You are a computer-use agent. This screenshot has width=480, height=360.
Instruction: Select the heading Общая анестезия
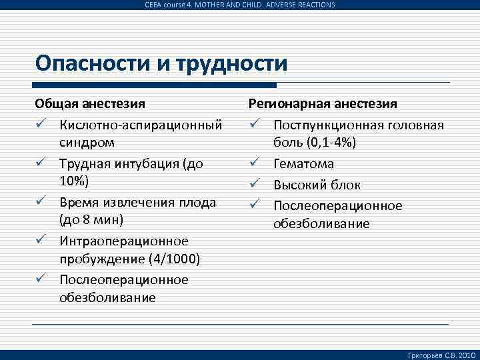91,104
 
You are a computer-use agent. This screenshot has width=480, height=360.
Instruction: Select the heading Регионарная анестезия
323,104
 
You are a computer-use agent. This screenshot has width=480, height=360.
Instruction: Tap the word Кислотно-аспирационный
141,125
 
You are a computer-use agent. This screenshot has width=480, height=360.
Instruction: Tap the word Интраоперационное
124,241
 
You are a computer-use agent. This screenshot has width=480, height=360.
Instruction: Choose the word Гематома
304,164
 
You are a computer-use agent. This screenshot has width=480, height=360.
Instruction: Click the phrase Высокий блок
317,185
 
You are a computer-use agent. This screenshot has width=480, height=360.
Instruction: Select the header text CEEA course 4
170,5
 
